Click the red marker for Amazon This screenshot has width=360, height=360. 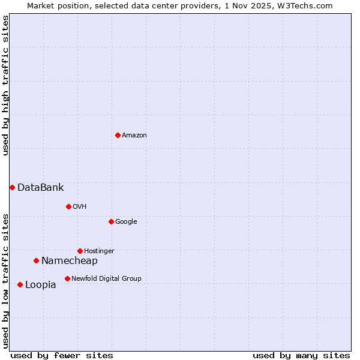point(118,135)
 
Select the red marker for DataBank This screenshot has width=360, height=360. point(12,187)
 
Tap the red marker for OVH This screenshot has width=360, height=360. point(68,206)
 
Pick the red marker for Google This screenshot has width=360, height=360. point(111,221)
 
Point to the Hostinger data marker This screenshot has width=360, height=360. point(80,251)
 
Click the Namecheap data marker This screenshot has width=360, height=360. point(36,260)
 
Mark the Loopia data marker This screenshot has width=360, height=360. point(20,284)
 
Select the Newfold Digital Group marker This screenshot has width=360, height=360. point(67,278)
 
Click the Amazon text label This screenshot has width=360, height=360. point(134,136)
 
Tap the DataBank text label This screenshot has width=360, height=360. point(40,188)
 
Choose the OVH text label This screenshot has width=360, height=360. point(80,207)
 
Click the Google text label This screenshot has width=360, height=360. point(126,222)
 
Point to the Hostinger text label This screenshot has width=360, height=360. point(99,251)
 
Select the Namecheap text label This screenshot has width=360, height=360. point(69,261)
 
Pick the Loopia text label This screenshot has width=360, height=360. point(40,285)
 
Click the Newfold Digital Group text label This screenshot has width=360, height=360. point(106,279)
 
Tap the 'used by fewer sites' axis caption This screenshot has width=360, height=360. point(62,355)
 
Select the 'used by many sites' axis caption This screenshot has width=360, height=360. point(301,355)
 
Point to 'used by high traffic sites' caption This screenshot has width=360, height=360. point(6,85)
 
